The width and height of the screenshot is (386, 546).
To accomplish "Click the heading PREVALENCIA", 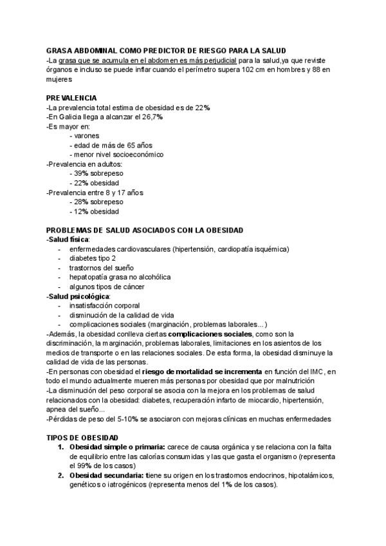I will pos(71,98).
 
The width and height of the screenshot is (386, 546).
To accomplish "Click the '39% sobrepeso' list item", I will pos(96,173).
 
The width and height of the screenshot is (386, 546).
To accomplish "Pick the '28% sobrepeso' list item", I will pos(96,202).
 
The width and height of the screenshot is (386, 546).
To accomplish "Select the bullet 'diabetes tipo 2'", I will pos(93,258).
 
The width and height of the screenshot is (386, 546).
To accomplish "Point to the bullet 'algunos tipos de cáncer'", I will pos(106,287).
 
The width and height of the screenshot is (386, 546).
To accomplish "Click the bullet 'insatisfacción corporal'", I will pos(104,306).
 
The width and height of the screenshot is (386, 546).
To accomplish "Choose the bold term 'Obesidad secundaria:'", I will pos(106,476).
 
